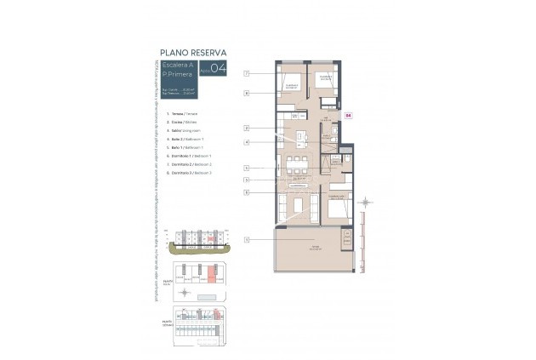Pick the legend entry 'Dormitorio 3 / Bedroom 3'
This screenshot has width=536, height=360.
189,172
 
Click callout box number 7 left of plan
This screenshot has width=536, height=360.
246,74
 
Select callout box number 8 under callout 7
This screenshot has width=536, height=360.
246,93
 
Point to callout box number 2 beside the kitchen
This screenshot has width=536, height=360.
246,128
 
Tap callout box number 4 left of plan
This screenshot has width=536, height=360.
246,142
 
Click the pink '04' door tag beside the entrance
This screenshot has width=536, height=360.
347,114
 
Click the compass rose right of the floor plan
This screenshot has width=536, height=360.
365,203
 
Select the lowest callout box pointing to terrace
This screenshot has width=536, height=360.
246,239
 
